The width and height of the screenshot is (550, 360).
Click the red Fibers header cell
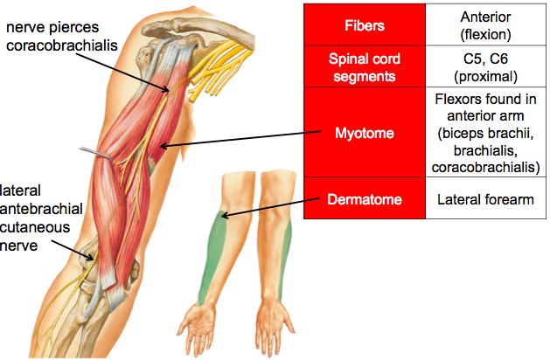click(x=364, y=26)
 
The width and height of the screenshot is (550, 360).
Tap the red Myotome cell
click(x=364, y=134)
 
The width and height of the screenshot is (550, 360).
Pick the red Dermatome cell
click(x=364, y=199)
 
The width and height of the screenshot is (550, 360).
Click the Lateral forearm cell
click(x=485, y=199)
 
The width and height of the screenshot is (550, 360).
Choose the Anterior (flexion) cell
click(x=485, y=26)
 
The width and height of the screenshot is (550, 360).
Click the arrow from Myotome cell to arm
click(x=236, y=140)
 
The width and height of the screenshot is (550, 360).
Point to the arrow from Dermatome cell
click(x=262, y=207)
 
